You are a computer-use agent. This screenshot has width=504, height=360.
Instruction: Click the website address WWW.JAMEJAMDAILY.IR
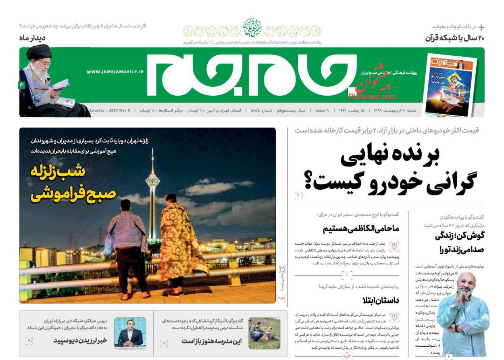pos(115,71)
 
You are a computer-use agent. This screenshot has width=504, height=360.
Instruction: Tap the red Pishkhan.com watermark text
pos(372,96)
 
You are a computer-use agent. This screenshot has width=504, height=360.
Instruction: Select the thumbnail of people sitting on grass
pos(264,333)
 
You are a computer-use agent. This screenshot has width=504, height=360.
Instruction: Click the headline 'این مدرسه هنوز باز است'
pos(211,341)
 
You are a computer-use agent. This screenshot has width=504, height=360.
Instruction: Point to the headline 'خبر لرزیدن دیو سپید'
pos(80,341)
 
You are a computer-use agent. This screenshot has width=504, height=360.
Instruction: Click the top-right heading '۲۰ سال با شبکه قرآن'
pos(455,38)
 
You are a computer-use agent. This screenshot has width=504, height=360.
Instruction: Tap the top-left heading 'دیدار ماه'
pos(32,38)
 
